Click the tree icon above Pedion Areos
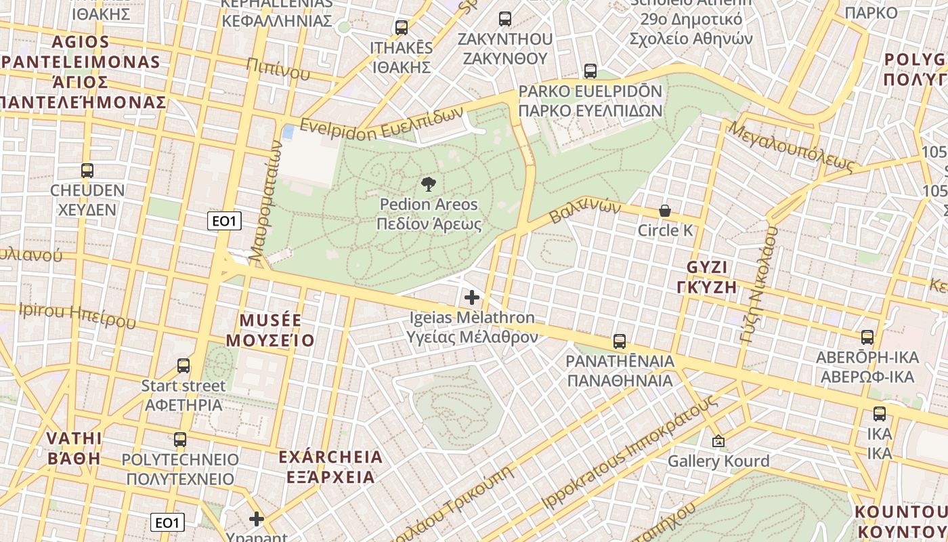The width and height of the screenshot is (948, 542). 428,184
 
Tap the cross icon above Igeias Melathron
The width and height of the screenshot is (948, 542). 472,297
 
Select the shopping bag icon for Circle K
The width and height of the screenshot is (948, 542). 665,211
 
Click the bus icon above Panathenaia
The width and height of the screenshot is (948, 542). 619,341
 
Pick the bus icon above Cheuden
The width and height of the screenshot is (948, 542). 87,170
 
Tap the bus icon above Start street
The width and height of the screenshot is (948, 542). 183,366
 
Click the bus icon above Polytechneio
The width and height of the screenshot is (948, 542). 179,439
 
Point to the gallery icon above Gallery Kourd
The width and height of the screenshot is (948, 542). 718,441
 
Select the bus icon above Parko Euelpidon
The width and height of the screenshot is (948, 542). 590,70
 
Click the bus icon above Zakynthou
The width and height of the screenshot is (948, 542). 504,18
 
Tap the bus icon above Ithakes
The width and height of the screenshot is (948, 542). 401,28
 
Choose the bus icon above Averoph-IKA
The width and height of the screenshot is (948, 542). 867,337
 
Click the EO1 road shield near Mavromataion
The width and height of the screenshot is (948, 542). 225,221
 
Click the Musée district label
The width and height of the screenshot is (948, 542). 271,330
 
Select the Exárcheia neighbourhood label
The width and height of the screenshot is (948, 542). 330,467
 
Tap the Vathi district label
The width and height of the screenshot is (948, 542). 74,448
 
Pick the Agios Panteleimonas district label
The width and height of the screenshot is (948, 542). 81,72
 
